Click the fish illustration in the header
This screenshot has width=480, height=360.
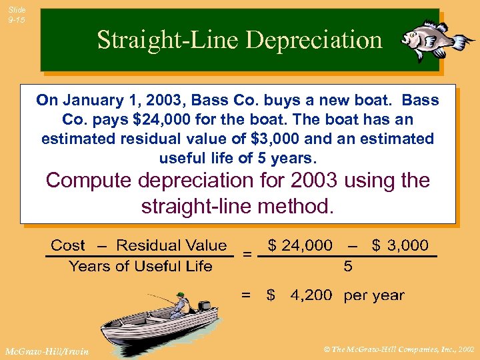pos(436,39)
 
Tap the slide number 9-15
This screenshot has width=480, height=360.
pos(17,15)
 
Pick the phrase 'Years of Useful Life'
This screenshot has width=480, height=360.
pos(141,266)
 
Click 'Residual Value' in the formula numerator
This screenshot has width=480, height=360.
pos(171,245)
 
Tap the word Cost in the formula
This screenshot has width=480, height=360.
pos(68,245)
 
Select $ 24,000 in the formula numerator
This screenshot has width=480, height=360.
pos(299,245)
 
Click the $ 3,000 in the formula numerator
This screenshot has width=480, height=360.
pos(400,245)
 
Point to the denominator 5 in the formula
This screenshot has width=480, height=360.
pos(347,267)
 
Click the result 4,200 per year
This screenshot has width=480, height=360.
pos(347,295)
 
